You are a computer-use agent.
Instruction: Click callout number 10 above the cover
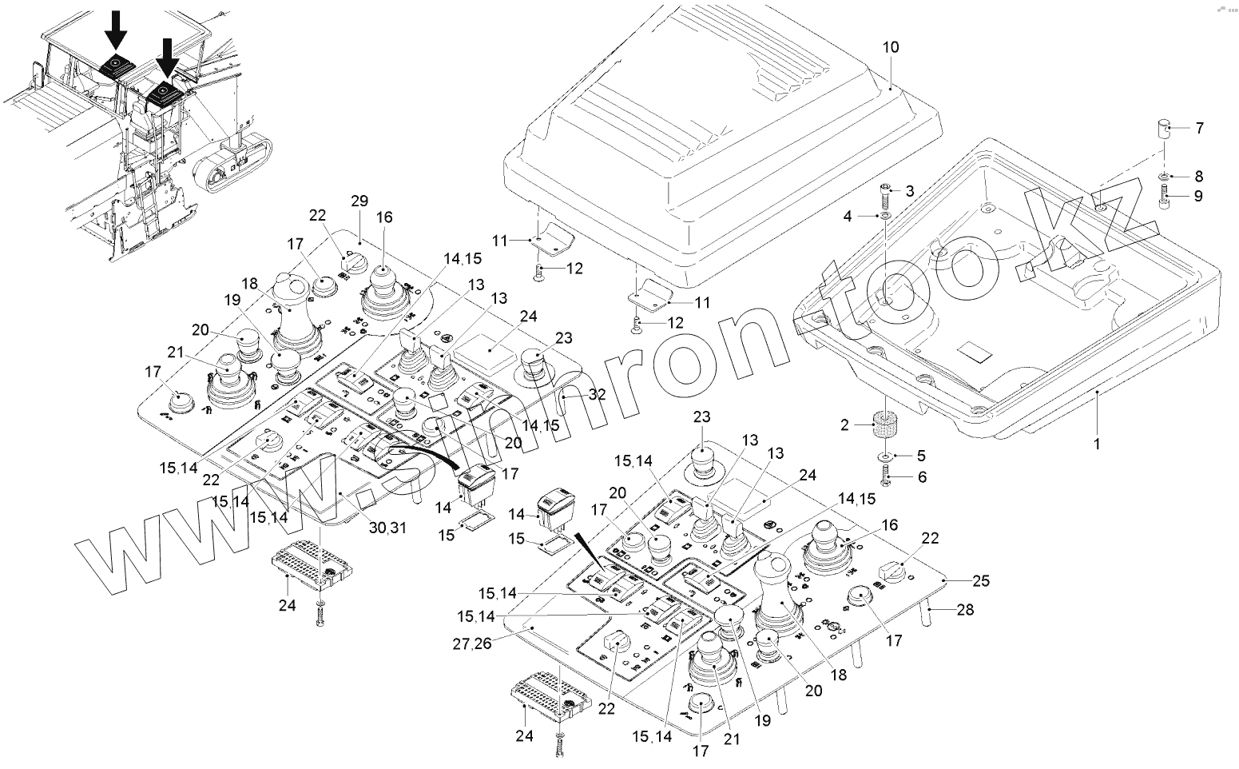click(890, 47)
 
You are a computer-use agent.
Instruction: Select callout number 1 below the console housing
click(1096, 442)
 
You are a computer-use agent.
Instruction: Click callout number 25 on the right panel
click(980, 581)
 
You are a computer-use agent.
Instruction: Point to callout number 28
click(965, 611)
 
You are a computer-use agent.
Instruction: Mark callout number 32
click(597, 393)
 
